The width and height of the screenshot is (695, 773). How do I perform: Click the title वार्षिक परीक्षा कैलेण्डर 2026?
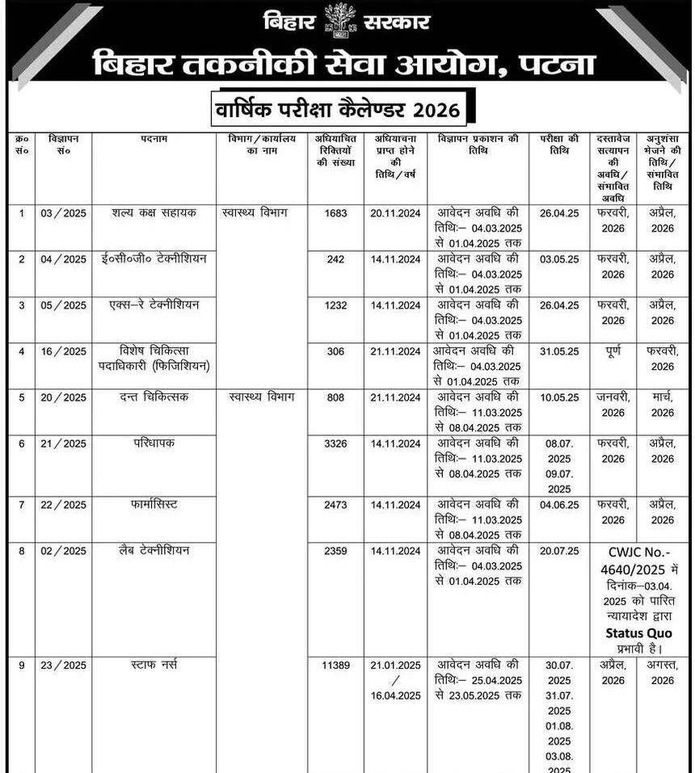pyautogui.click(x=339, y=108)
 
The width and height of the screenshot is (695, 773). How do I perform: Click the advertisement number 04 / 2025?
pyautogui.click(x=63, y=259)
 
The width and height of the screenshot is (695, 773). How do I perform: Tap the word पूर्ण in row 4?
pyautogui.click(x=613, y=351)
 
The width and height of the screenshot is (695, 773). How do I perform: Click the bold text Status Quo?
pyautogui.click(x=638, y=633)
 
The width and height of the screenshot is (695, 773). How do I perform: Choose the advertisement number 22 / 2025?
pyautogui.click(x=63, y=505)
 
